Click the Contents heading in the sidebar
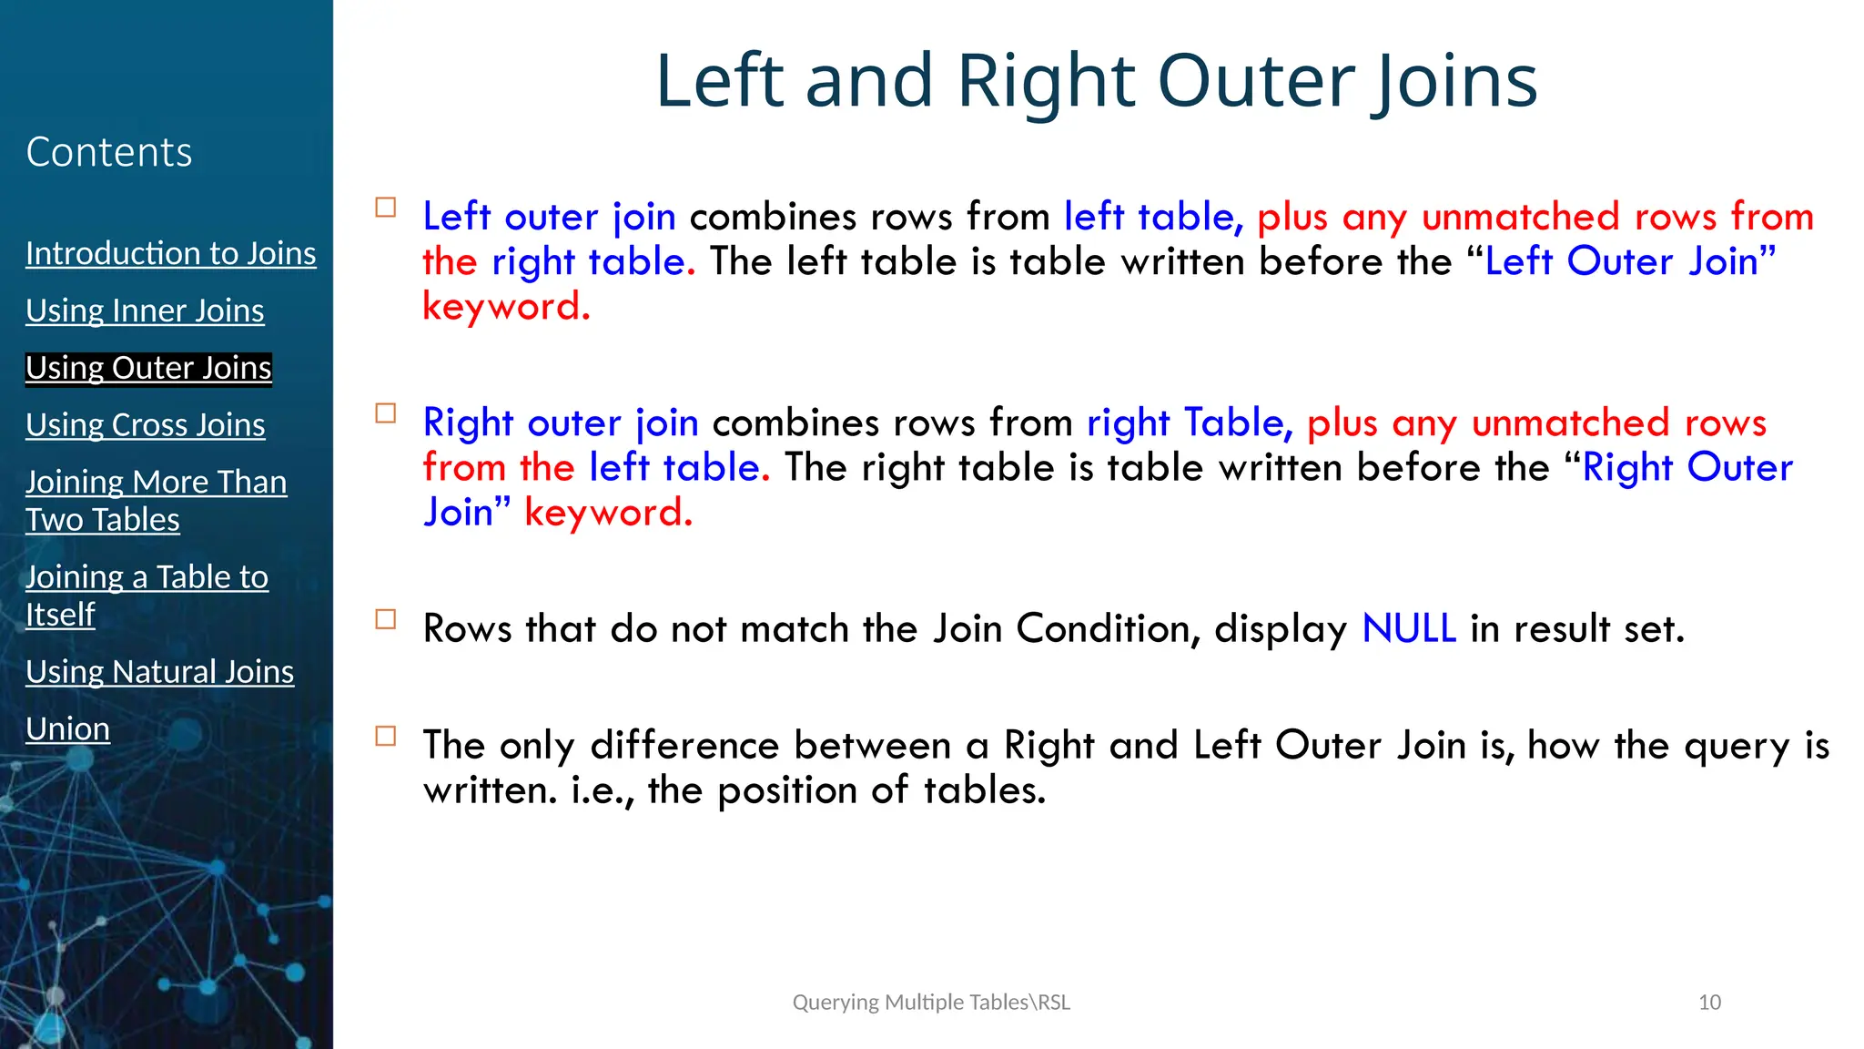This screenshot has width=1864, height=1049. [x=109, y=152]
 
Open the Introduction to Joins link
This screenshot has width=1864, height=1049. [x=170, y=253]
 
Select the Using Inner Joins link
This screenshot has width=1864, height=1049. [x=145, y=311]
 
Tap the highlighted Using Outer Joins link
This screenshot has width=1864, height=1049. [x=148, y=368]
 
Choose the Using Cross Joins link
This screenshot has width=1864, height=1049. [x=145, y=425]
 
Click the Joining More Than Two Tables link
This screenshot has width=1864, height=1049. [x=156, y=500]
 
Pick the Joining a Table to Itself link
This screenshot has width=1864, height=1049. [x=146, y=595]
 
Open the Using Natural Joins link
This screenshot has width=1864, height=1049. [x=159, y=672]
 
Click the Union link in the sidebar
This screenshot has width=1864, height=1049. [x=67, y=729]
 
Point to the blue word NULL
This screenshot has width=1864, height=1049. [x=1408, y=629]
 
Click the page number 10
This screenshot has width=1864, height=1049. [x=1709, y=1003]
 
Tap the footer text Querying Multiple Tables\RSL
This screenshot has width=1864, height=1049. [x=931, y=1003]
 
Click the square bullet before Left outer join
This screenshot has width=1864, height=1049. [x=386, y=208]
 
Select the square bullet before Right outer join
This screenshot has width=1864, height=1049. [x=386, y=413]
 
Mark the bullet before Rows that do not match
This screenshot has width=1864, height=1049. [x=386, y=619]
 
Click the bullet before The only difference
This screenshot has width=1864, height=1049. [x=386, y=736]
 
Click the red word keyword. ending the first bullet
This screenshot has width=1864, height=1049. [x=506, y=307]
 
